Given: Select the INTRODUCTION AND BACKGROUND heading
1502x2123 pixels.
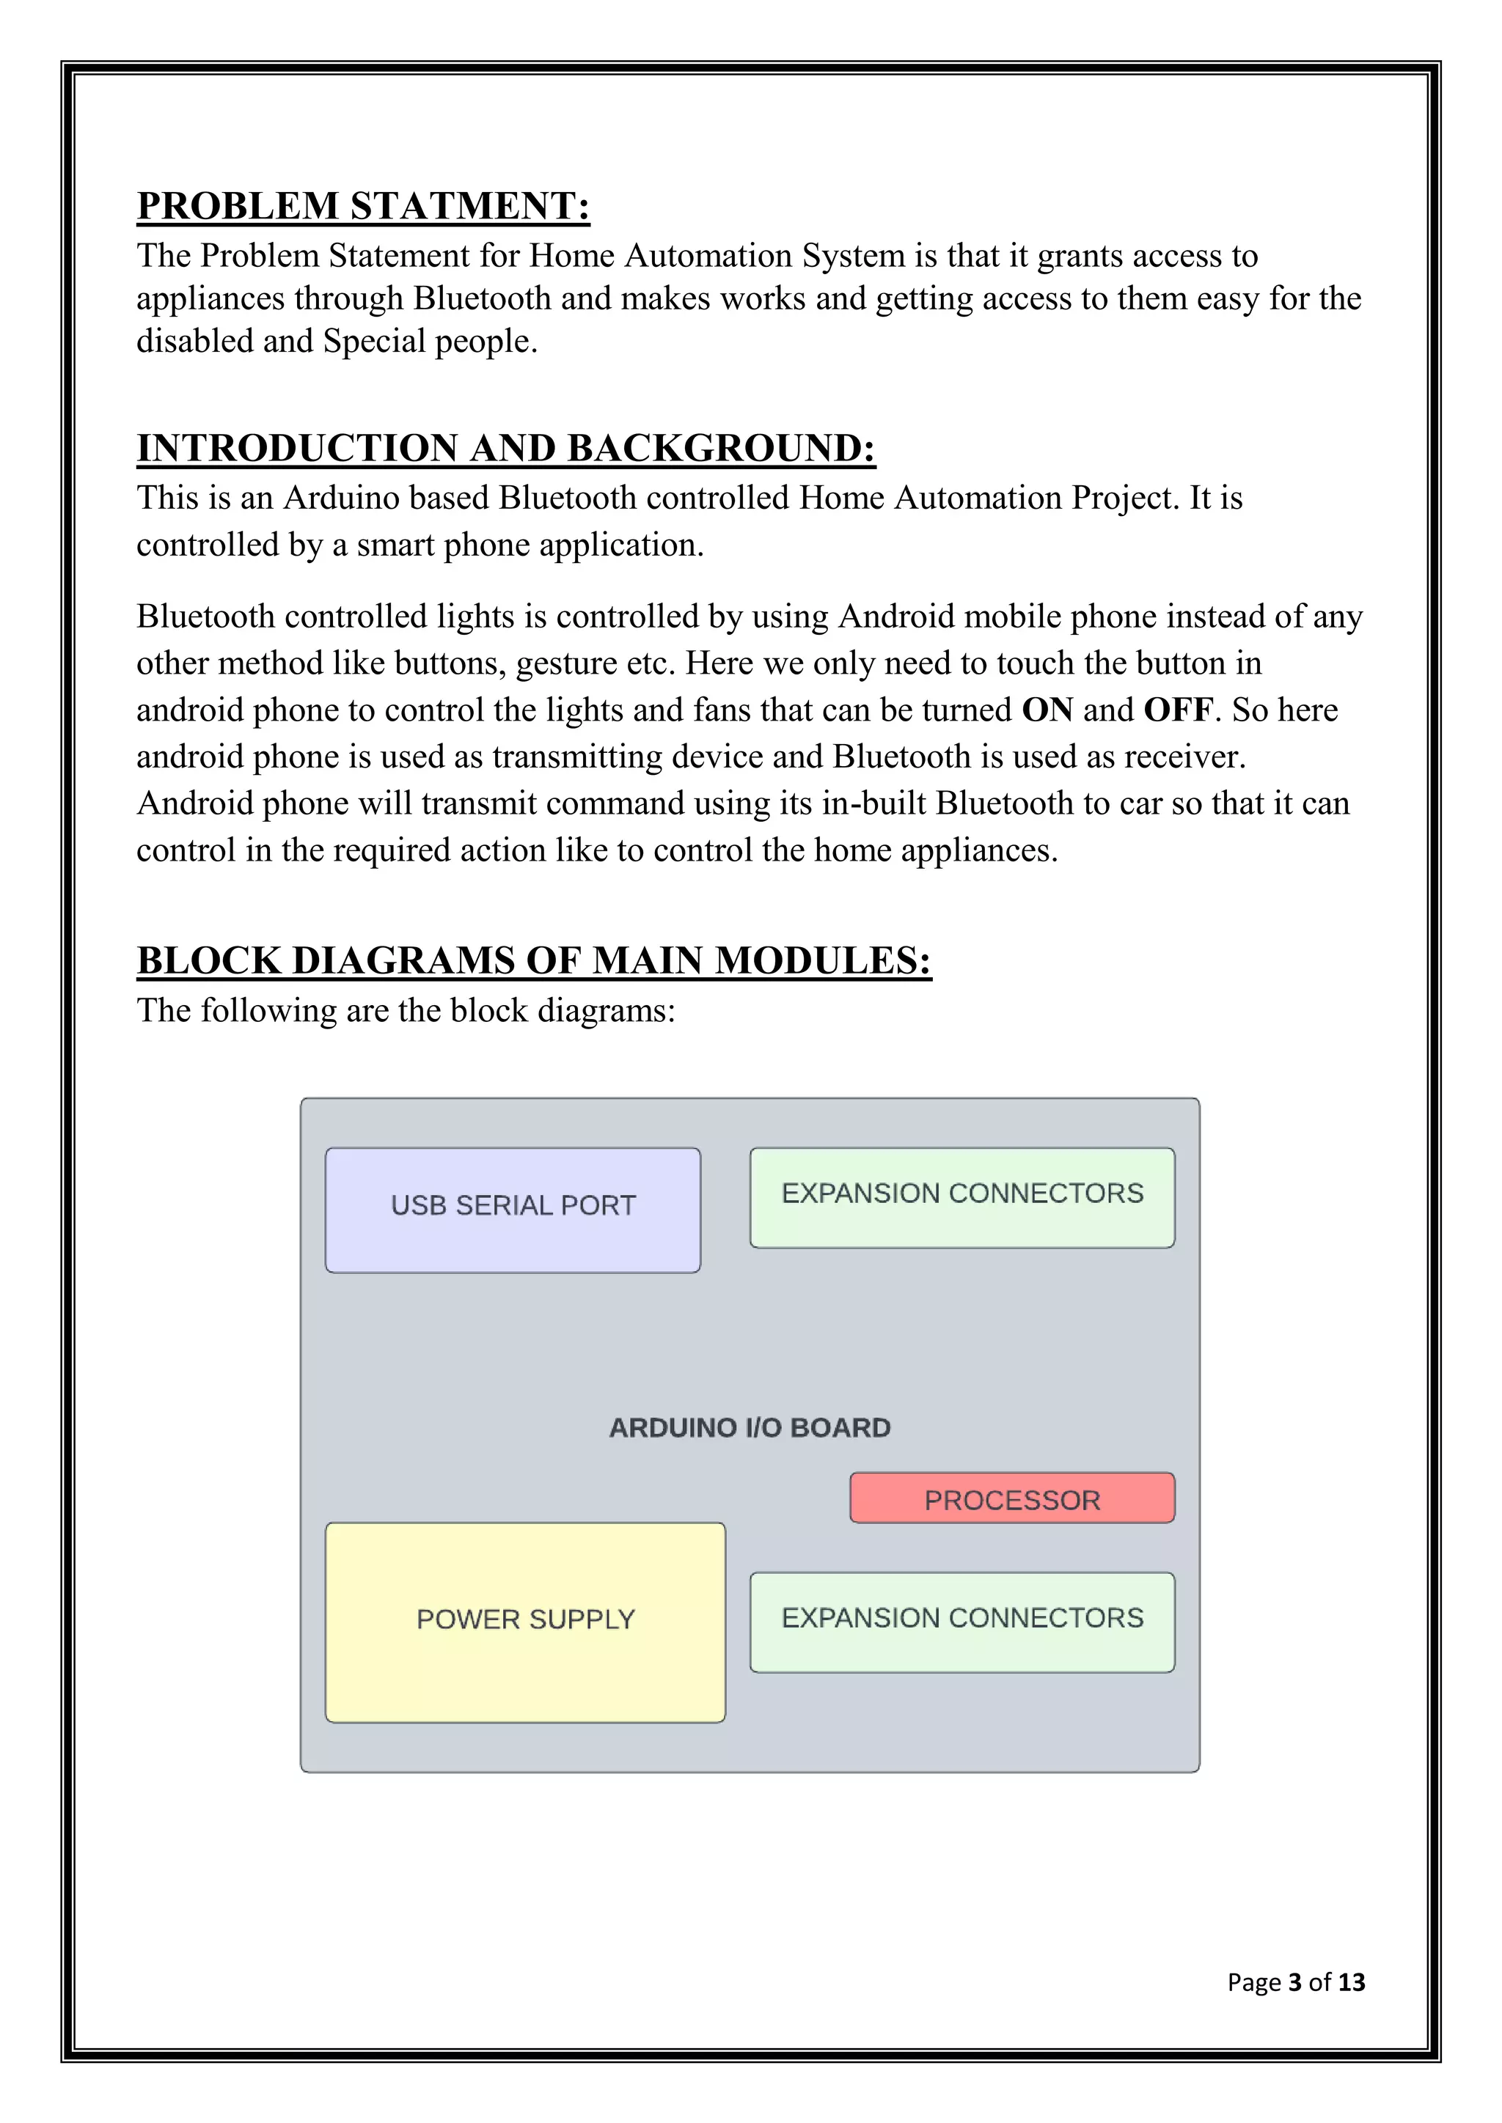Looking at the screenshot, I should [x=506, y=449].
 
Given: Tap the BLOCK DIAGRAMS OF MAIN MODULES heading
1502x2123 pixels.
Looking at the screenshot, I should [x=534, y=961].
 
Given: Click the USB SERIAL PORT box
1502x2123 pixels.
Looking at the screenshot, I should [x=513, y=1210].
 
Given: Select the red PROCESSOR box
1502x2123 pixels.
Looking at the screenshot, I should [x=1012, y=1500].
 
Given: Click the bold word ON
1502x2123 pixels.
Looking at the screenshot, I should [x=1047, y=710].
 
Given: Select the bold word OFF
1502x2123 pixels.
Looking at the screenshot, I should [x=1177, y=710].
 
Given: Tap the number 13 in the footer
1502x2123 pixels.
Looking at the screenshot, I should [x=1351, y=1982].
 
